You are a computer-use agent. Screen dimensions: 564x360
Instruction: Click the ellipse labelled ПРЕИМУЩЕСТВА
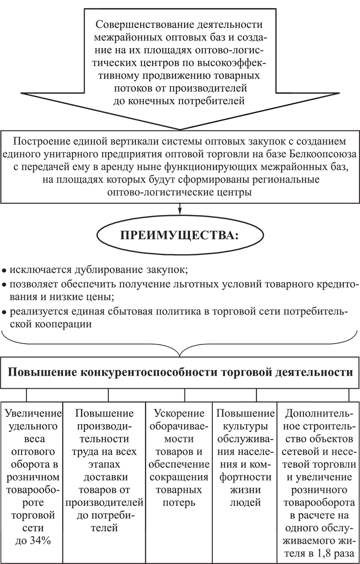(x=180, y=236)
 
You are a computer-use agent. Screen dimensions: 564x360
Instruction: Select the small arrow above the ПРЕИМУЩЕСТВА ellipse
(x=180, y=208)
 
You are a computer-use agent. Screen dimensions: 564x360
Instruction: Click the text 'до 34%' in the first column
(x=33, y=541)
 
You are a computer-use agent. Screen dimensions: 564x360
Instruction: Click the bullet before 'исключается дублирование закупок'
(x=4, y=271)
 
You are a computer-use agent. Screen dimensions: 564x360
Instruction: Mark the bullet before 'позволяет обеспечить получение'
(x=4, y=285)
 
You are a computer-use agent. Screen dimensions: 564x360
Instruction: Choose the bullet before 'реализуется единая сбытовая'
(x=4, y=312)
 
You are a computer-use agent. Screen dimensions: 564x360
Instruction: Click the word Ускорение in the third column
(x=179, y=413)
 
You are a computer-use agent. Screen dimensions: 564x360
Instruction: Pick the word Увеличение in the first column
(x=32, y=413)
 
